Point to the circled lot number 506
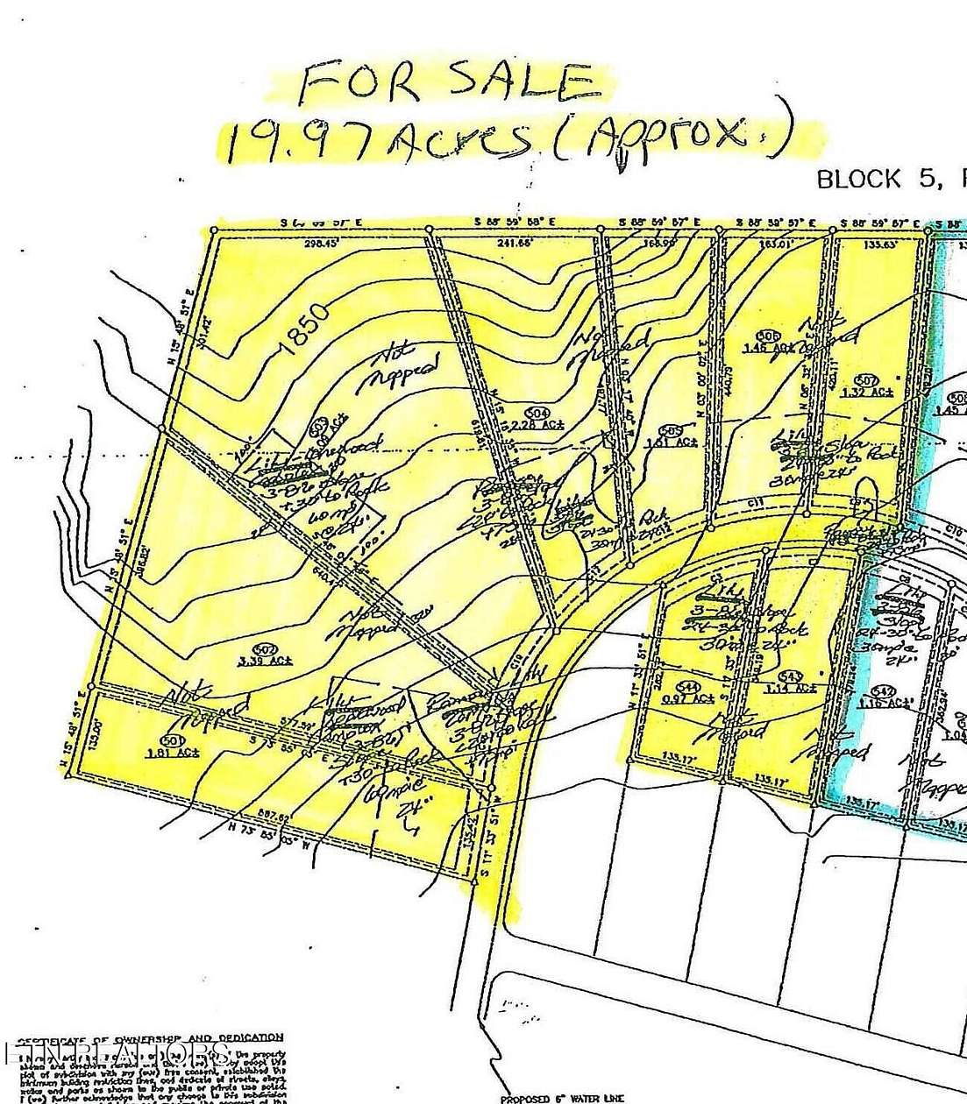(769, 336)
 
